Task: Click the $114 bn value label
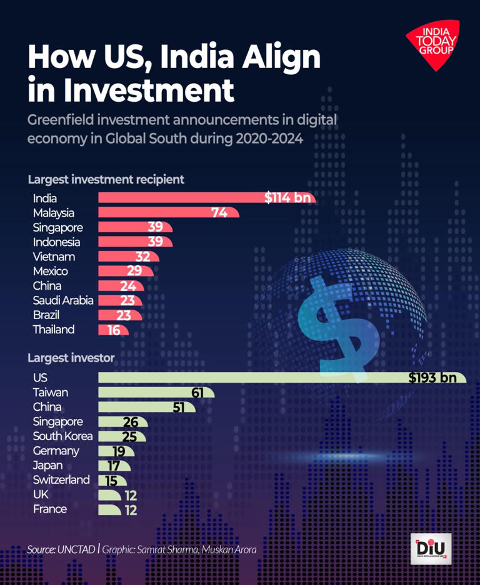tap(287, 198)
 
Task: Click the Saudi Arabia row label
tap(63, 300)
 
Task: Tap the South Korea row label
tap(62, 436)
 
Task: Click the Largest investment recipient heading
tap(106, 180)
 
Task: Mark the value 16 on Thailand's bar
tap(114, 330)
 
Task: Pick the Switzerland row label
tap(61, 479)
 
